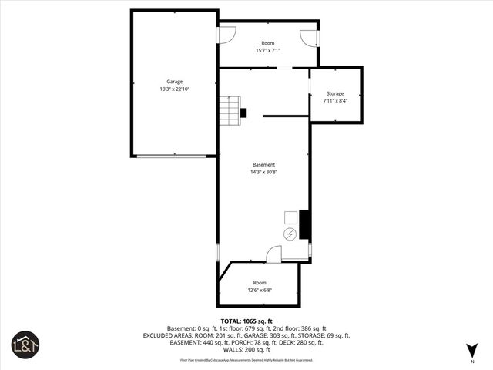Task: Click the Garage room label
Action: click(x=174, y=81)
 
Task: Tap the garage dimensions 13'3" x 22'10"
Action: click(x=174, y=89)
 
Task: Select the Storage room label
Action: click(x=335, y=93)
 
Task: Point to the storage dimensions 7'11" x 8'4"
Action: click(x=335, y=101)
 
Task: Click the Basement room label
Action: click(x=263, y=165)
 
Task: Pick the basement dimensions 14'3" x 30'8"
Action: click(x=263, y=173)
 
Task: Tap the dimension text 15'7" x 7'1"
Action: click(x=268, y=51)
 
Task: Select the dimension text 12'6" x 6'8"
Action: click(x=260, y=290)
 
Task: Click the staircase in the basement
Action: click(x=229, y=111)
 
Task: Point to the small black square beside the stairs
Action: click(x=244, y=113)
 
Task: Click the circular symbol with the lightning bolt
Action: click(x=290, y=234)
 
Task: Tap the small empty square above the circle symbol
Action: click(x=290, y=217)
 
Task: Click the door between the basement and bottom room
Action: click(x=274, y=254)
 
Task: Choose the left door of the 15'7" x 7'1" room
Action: click(x=227, y=35)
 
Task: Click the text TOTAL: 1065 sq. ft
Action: click(x=246, y=321)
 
